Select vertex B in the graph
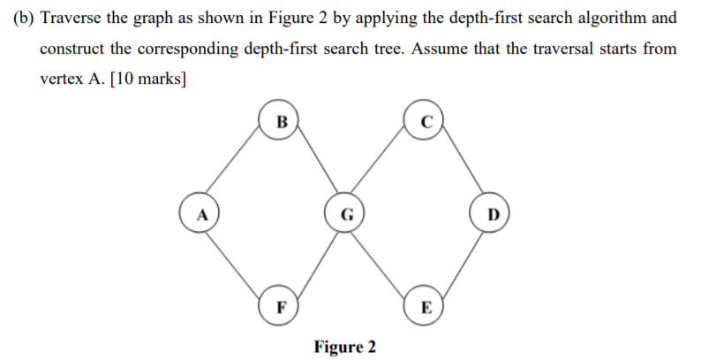(x=281, y=121)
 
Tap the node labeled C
(x=424, y=121)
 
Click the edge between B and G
(x=313, y=167)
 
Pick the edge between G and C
(x=384, y=167)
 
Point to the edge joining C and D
(x=458, y=166)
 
